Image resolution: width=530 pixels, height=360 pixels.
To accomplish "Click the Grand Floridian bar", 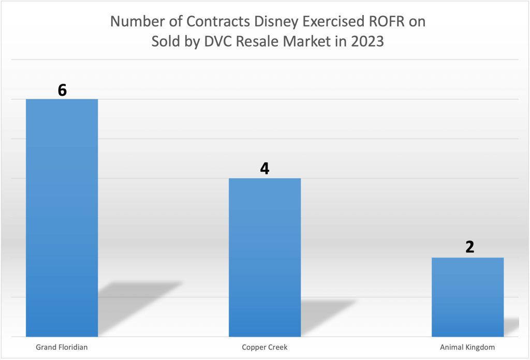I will pyautogui.click(x=62, y=217).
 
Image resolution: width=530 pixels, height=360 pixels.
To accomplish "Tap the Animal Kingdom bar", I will pyautogui.click(x=467, y=297).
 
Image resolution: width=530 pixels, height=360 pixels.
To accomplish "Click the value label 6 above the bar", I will pyautogui.click(x=62, y=90).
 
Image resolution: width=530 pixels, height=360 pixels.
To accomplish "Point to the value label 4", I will pyautogui.click(x=264, y=169).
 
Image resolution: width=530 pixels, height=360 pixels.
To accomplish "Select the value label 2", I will pyautogui.click(x=469, y=247).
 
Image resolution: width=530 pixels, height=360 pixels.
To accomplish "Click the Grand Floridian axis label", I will pyautogui.click(x=62, y=347).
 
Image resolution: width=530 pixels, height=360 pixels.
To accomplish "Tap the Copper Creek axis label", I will pyautogui.click(x=264, y=347).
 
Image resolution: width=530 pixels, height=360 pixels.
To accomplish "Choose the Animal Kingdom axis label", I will pyautogui.click(x=467, y=347).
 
